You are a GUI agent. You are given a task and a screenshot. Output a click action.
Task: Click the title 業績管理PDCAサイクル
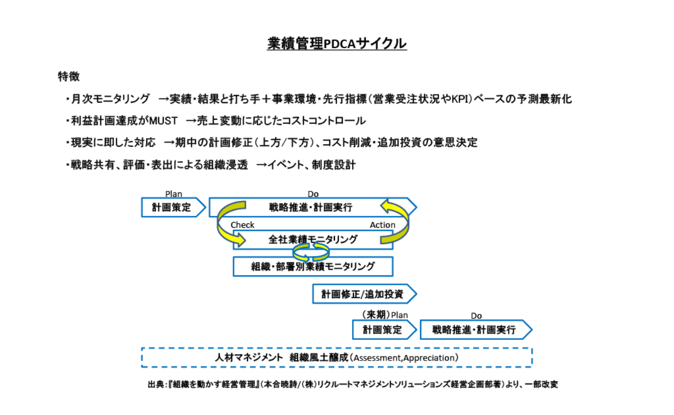(x=336, y=44)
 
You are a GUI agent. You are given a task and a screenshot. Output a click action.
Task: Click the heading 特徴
(x=68, y=77)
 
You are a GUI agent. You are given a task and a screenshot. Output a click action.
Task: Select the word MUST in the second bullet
(x=163, y=121)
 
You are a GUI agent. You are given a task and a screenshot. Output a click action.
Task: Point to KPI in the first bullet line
(x=459, y=99)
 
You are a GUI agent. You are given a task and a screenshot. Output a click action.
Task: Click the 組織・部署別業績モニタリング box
(x=313, y=267)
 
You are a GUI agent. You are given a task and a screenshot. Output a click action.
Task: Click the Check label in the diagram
(x=243, y=225)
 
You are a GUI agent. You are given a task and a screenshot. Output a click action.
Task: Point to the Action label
(x=383, y=225)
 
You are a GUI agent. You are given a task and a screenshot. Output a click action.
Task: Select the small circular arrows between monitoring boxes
(x=311, y=252)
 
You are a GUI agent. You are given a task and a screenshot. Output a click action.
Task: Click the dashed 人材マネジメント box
(x=336, y=357)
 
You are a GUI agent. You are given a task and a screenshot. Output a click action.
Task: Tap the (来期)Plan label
(x=385, y=315)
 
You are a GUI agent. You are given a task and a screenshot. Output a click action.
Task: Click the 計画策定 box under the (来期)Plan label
(x=383, y=329)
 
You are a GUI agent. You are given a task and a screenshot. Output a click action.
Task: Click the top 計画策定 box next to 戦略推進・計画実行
(x=172, y=208)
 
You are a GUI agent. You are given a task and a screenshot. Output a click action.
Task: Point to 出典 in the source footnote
(x=155, y=385)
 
